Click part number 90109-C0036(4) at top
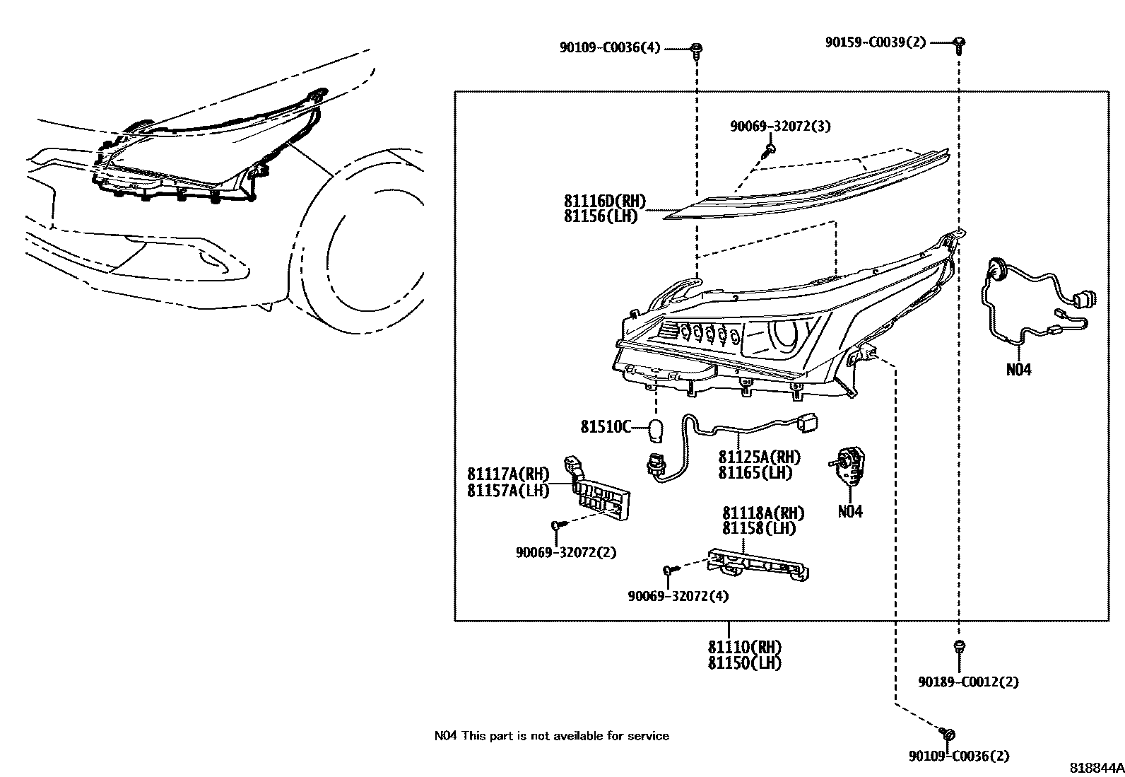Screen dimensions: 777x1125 pos(609,48)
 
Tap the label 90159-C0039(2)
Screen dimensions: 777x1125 pos(875,42)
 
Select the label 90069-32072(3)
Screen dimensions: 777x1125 pos(779,127)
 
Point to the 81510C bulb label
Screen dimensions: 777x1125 pos(604,426)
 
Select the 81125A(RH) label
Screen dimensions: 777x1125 pos(759,457)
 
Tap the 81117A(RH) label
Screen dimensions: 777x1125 pos(507,474)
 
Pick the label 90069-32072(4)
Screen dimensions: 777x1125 pos(677,596)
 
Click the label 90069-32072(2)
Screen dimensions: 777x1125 pos(565,553)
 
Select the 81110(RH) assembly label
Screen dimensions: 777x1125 pos(744,647)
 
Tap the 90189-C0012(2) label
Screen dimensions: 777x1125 pos(967,682)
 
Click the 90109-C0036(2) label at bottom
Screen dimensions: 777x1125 pos(958,756)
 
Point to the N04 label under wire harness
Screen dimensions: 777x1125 pos(1018,370)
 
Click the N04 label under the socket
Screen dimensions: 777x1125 pos(850,512)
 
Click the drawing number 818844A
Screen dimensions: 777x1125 pos(1095,768)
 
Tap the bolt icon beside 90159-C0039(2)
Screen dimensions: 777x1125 pos(959,44)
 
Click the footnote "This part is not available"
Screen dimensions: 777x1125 pos(565,736)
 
